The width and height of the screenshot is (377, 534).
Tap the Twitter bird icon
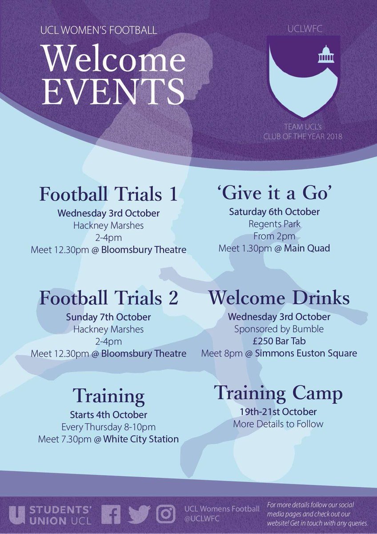139,514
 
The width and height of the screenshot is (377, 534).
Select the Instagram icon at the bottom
166,514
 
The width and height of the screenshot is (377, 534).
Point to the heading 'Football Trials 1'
108,194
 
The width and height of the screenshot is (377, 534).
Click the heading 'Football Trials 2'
108,298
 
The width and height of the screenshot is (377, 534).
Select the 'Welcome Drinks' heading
279,298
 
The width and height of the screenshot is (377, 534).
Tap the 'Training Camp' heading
278,393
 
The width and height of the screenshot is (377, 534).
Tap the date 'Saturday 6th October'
274,212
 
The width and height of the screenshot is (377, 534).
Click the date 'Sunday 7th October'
108,317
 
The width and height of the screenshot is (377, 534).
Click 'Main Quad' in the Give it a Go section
310,248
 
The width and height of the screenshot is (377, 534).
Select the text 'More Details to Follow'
278,424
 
